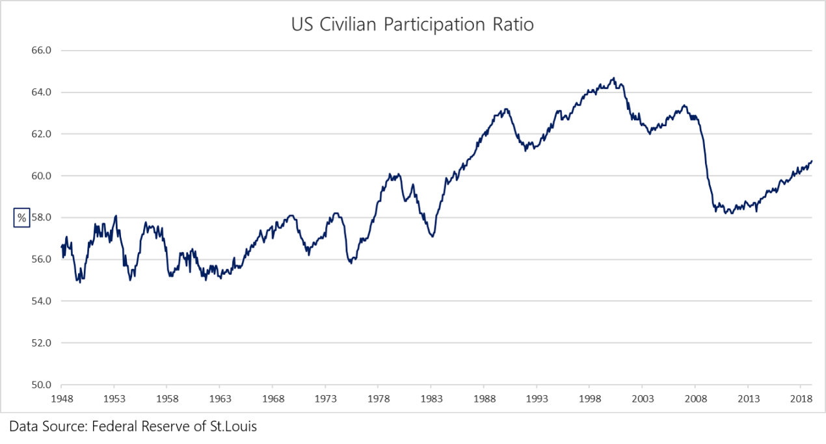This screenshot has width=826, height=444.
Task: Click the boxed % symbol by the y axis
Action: (22, 218)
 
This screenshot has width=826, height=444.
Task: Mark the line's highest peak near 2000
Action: (613, 78)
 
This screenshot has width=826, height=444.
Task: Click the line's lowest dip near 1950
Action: (80, 282)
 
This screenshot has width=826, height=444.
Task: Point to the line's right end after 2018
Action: (812, 161)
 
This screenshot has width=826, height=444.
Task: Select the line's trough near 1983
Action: (432, 236)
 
